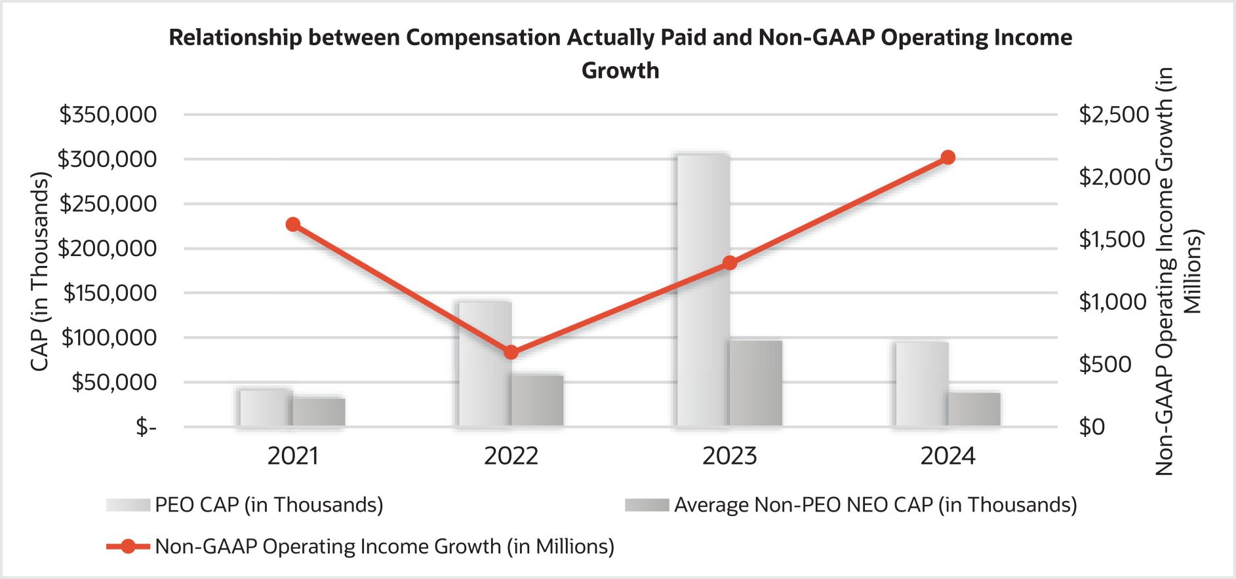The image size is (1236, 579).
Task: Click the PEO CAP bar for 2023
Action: click(x=703, y=291)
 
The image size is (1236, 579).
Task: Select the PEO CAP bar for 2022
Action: click(x=485, y=364)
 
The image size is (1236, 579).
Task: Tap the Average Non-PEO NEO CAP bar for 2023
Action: click(x=756, y=383)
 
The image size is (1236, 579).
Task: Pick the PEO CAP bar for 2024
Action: click(x=921, y=384)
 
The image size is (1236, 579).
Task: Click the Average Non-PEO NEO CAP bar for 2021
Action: click(x=319, y=412)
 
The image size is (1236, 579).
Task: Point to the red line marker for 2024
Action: click(x=947, y=157)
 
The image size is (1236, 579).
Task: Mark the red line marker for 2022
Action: click(x=511, y=352)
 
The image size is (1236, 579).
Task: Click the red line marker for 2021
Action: click(x=293, y=225)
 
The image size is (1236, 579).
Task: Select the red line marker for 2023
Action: click(x=730, y=263)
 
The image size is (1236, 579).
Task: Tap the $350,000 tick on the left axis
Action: click(x=108, y=115)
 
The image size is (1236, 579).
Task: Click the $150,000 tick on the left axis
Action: click(x=110, y=293)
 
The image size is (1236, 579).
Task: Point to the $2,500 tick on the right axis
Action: click(x=1114, y=115)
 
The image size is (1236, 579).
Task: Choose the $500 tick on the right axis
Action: click(x=1106, y=364)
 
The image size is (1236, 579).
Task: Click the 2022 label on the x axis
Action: click(x=511, y=456)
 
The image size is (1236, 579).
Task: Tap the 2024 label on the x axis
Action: click(x=947, y=456)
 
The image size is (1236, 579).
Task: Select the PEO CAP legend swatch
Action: click(x=128, y=505)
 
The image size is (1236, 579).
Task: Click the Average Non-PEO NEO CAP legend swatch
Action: click(x=647, y=505)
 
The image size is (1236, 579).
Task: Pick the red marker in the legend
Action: click(x=128, y=546)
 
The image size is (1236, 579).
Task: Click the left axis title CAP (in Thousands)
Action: click(x=40, y=271)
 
